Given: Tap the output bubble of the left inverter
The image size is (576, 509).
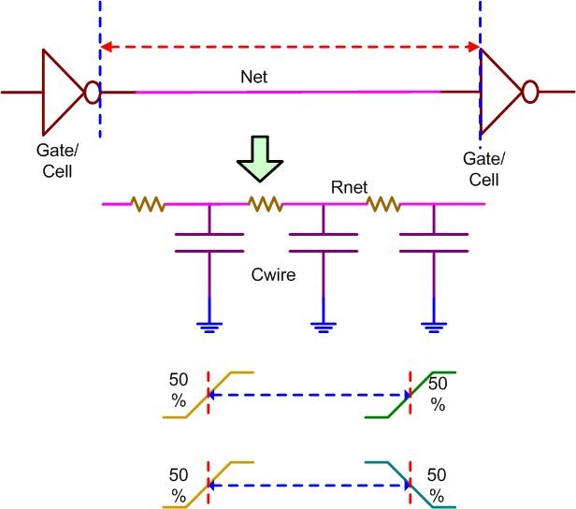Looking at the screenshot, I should pyautogui.click(x=91, y=92).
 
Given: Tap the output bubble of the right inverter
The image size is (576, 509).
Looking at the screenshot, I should pyautogui.click(x=529, y=92).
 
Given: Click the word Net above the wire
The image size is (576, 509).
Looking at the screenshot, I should pyautogui.click(x=253, y=78).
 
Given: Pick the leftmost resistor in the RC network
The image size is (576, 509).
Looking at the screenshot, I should pyautogui.click(x=148, y=202).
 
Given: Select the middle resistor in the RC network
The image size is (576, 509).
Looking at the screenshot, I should pyautogui.click(x=265, y=202).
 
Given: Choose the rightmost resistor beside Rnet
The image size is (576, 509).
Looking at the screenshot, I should pyautogui.click(x=382, y=202).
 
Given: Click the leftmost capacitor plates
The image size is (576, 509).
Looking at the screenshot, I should pyautogui.click(x=208, y=241).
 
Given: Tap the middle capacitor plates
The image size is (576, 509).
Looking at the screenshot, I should pyautogui.click(x=323, y=241).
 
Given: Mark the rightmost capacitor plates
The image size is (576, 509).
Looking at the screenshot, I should pyautogui.click(x=433, y=241).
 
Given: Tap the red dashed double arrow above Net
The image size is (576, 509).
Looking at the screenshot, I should pyautogui.click(x=290, y=45).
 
